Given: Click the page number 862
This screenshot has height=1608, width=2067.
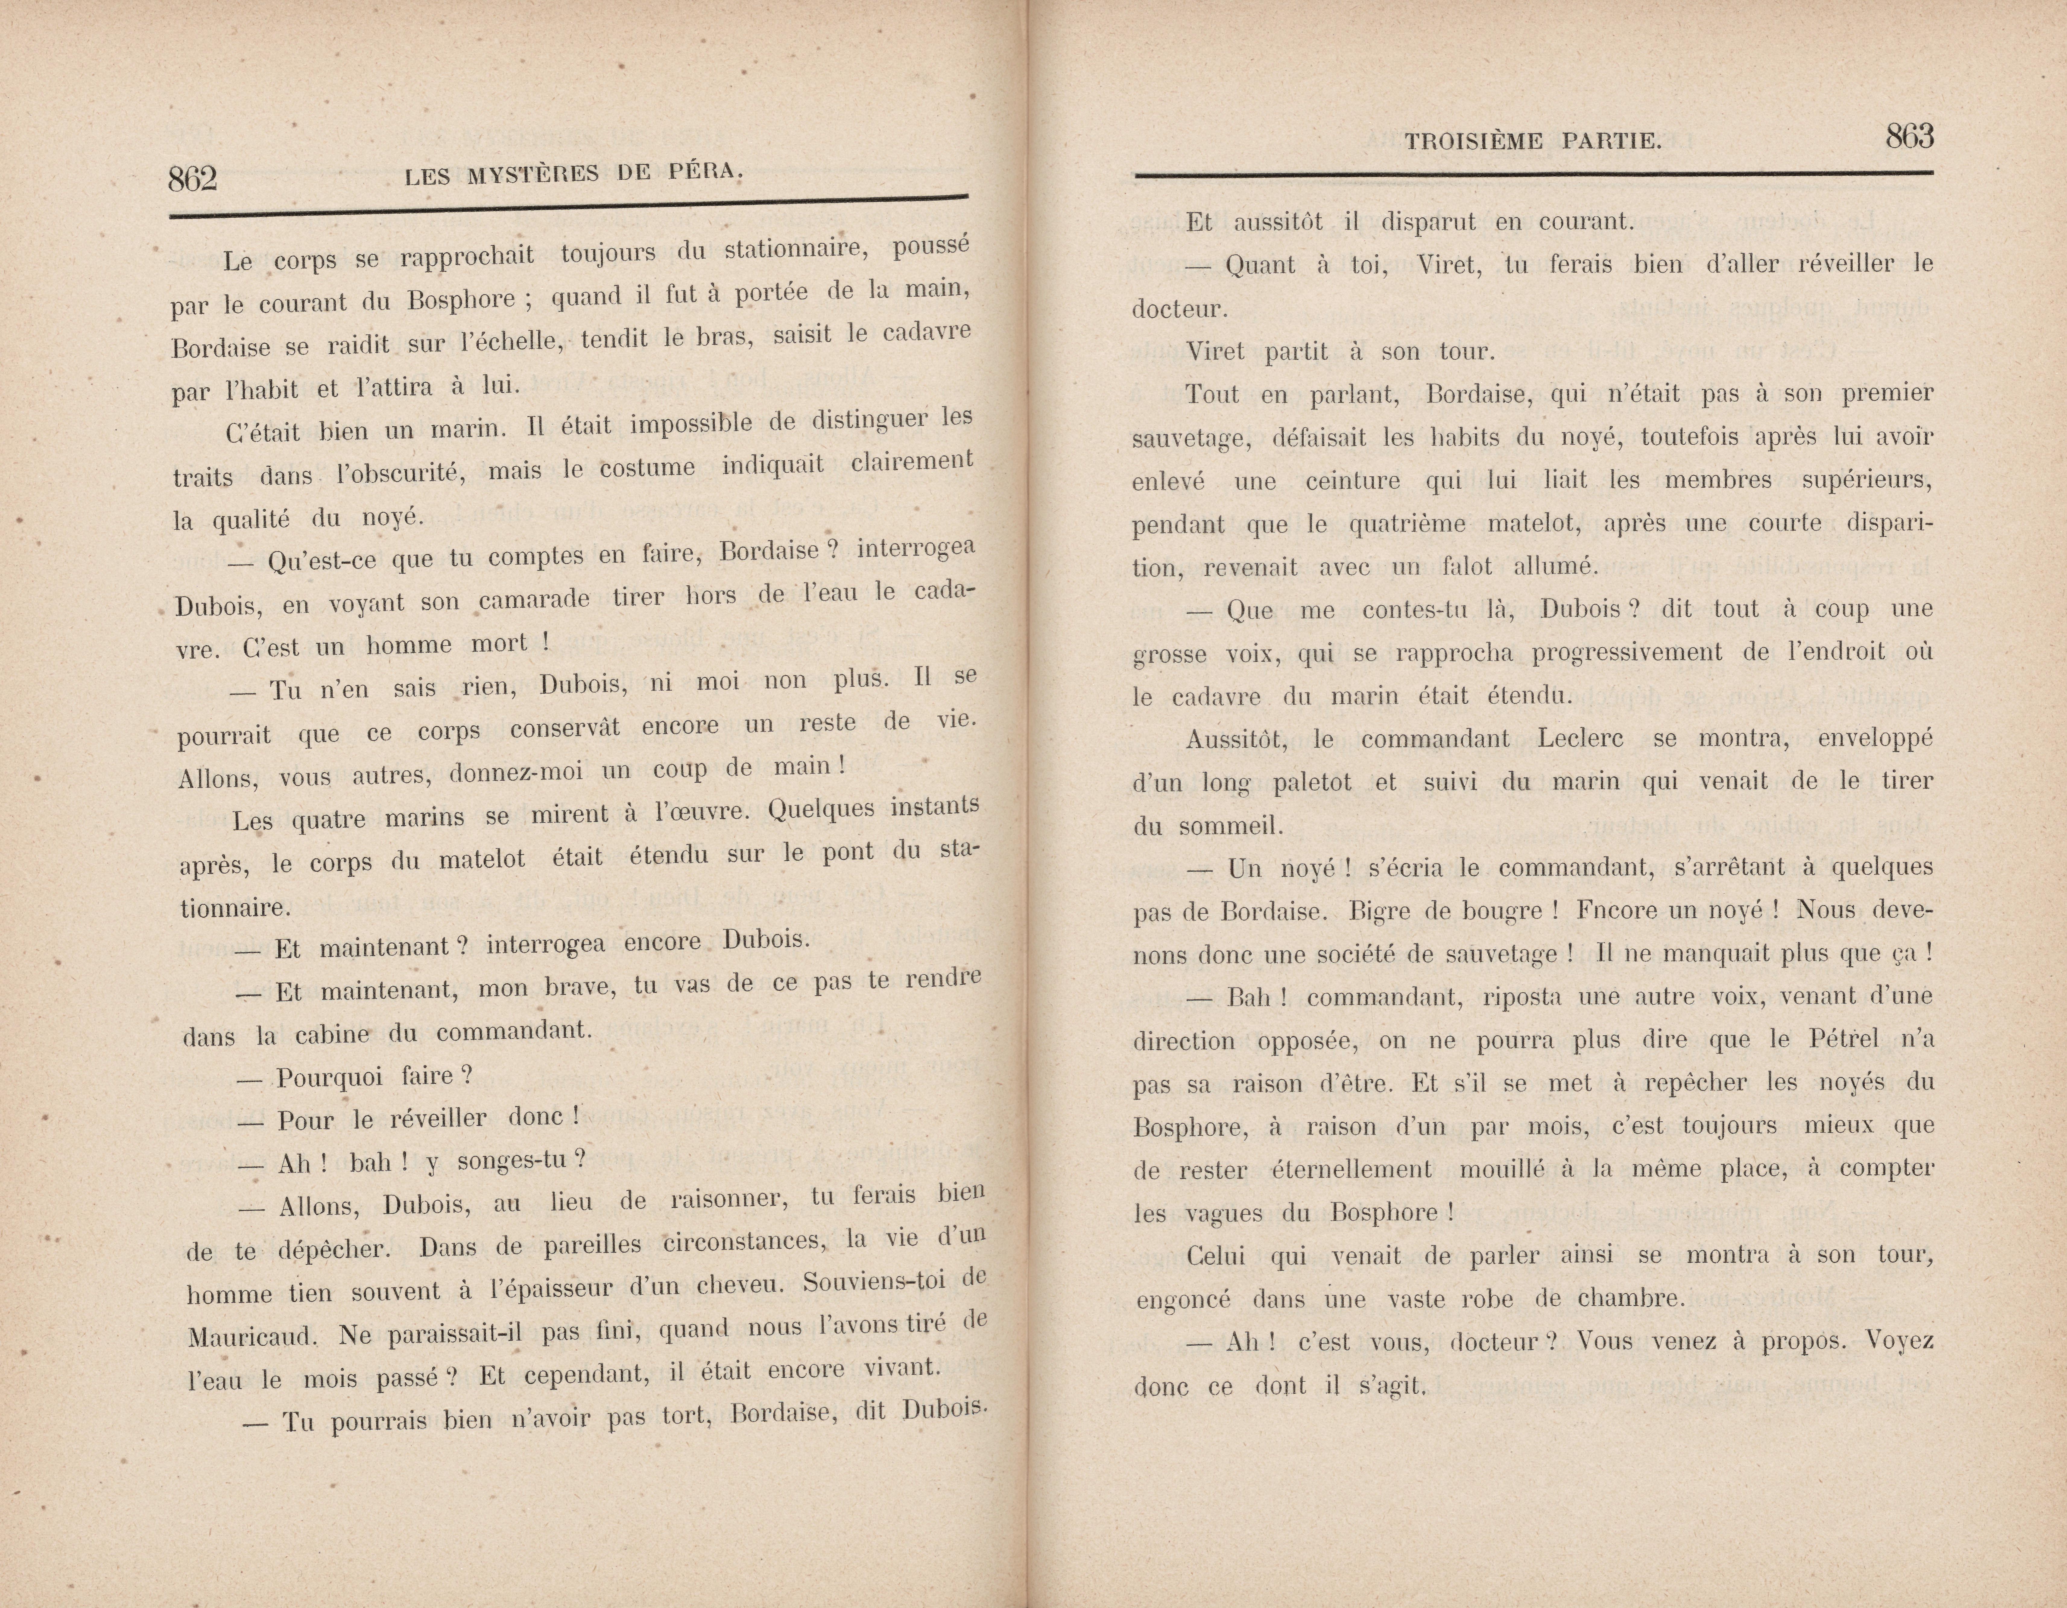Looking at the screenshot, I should point(193,178).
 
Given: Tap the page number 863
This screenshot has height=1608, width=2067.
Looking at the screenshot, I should point(1909,137).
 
